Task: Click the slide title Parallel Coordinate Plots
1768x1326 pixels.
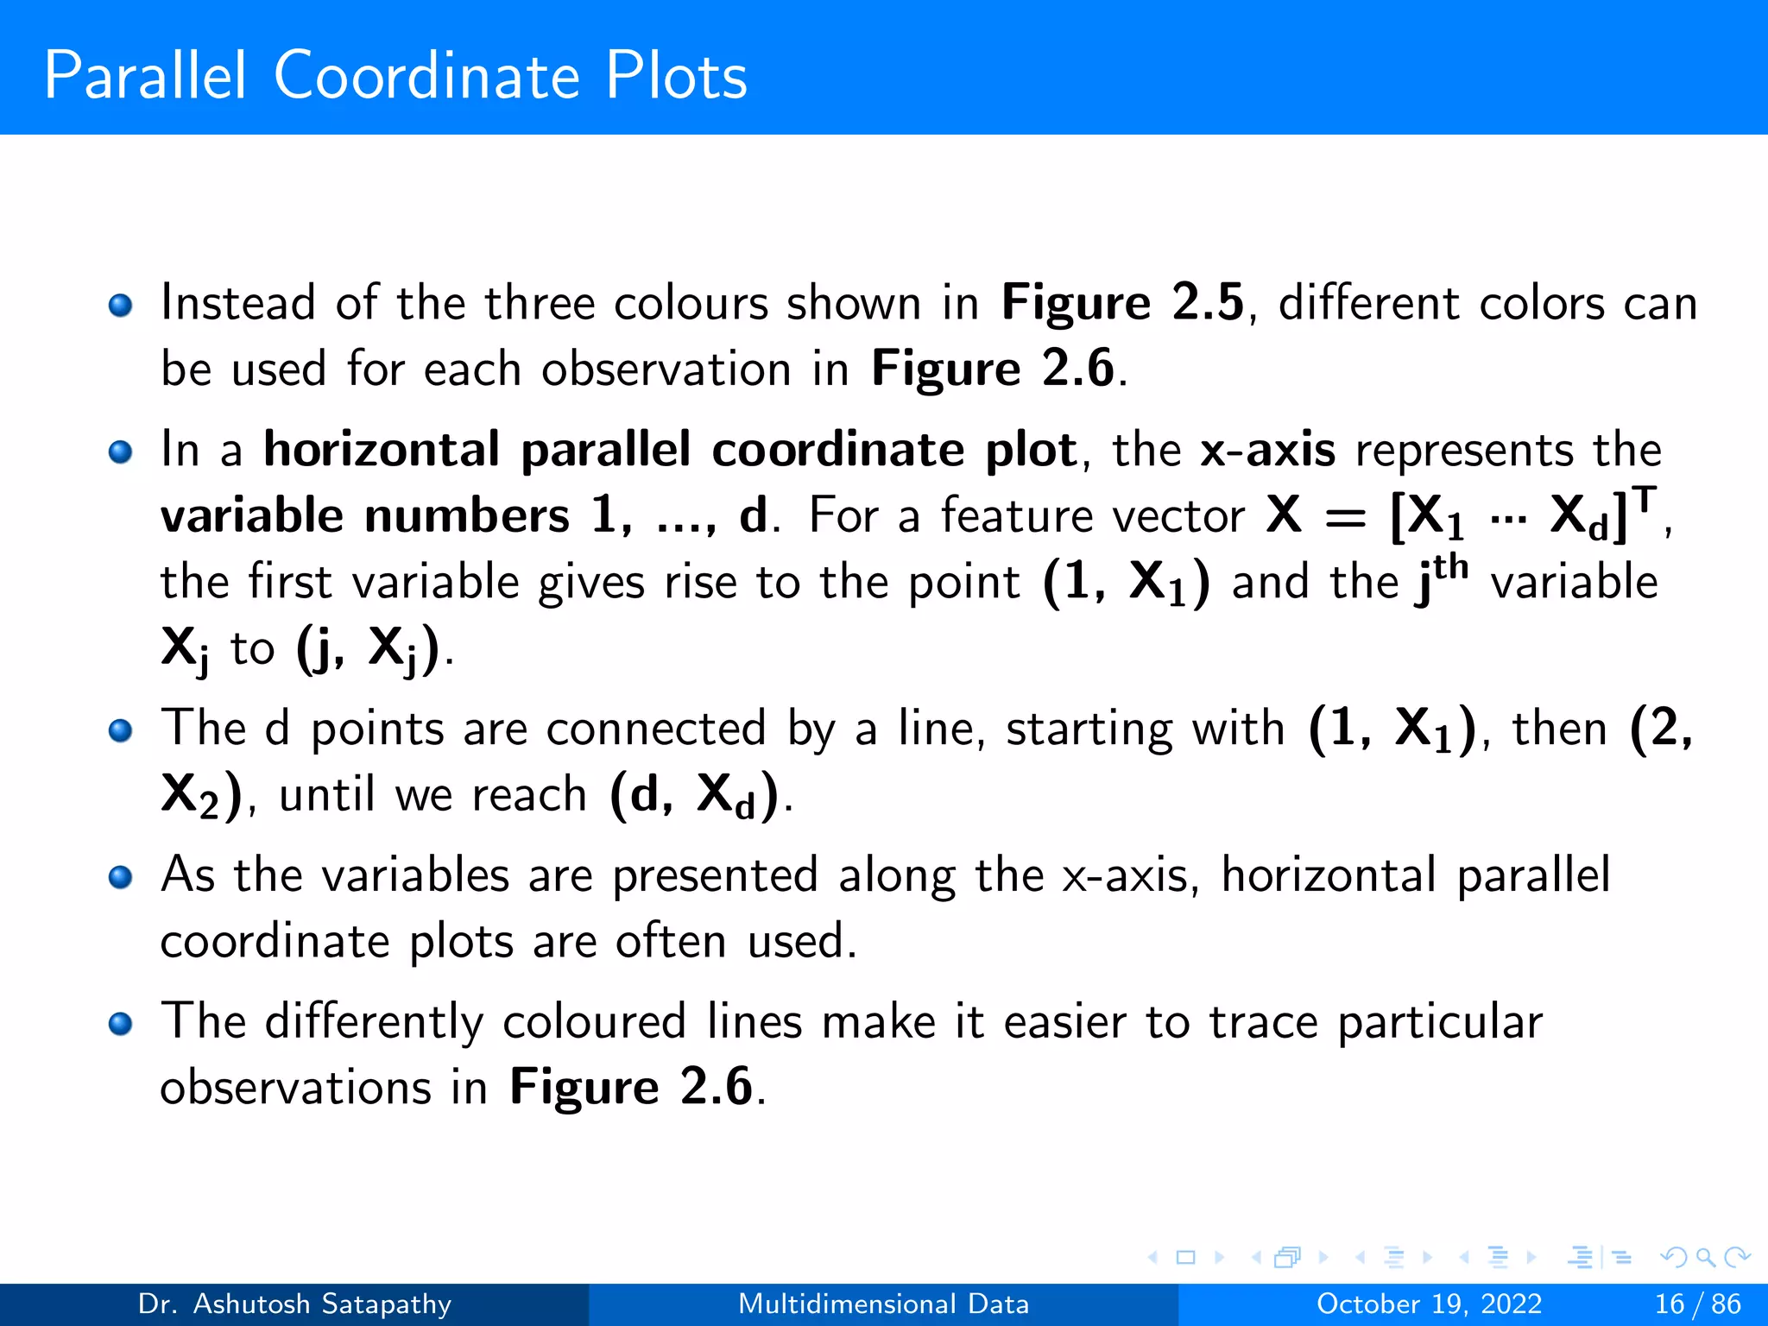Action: (395, 76)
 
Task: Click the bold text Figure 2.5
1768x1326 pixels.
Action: (1122, 303)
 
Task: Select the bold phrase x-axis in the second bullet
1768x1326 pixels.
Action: (1267, 450)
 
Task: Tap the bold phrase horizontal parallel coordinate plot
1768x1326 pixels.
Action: (670, 450)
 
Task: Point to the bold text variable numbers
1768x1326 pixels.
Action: (364, 516)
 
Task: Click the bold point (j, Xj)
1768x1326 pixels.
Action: (368, 648)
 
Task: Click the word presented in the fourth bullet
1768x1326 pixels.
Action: (715, 875)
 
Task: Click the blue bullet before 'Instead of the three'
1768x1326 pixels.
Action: (121, 305)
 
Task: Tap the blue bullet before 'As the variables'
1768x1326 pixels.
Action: (121, 877)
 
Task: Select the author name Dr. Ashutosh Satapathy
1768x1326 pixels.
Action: (294, 1304)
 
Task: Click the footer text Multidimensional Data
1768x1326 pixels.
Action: (883, 1304)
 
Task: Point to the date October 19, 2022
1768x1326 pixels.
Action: (1429, 1304)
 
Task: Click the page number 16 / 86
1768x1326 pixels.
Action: (1697, 1304)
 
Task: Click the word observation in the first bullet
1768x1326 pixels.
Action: (666, 369)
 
